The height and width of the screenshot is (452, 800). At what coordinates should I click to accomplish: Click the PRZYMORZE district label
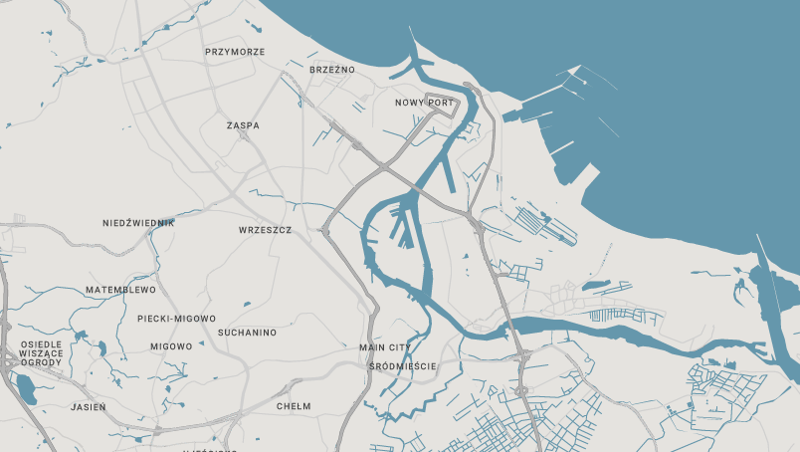235,52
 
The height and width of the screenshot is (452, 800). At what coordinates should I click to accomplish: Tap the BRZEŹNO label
332,70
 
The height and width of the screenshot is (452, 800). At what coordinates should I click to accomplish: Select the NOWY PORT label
424,103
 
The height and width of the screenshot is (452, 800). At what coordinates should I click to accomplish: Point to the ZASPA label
243,126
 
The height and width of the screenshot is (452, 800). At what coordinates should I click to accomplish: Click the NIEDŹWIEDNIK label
138,223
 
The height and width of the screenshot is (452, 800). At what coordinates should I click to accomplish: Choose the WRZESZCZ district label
265,230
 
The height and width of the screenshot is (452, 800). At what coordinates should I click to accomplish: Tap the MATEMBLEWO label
120,290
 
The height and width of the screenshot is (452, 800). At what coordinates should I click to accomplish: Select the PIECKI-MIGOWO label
176,319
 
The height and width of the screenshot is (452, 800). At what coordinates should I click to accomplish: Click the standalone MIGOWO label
171,346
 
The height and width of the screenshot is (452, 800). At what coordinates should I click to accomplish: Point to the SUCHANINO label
247,333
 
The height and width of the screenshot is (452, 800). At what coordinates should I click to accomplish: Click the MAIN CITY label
384,347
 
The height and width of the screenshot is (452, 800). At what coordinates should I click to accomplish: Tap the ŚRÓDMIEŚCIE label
402,366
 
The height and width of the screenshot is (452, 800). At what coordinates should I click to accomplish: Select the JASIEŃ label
89,407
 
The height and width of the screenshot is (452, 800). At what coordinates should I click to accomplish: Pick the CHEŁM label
294,406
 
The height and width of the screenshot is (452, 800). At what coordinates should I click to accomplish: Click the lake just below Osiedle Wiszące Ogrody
25,389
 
